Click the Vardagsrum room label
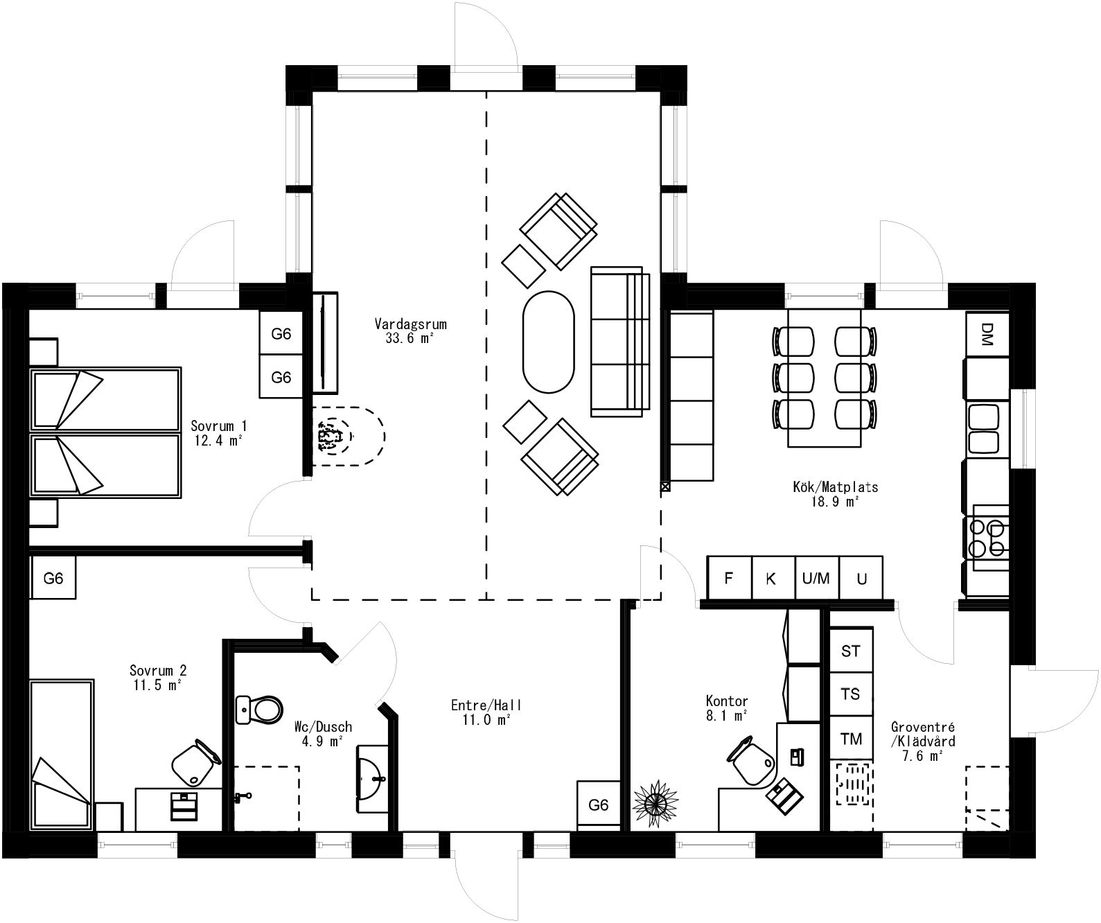click(x=410, y=324)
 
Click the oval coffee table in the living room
click(x=548, y=342)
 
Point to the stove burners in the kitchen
click(x=987, y=538)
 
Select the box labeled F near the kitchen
click(x=729, y=578)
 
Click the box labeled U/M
click(x=816, y=578)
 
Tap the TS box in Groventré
click(x=850, y=694)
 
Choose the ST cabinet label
click(x=850, y=651)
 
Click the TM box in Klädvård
click(x=850, y=739)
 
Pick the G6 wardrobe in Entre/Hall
click(x=598, y=805)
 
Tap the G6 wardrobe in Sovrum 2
click(x=53, y=578)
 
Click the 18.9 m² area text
click(x=835, y=502)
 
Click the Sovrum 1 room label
click(x=218, y=425)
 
